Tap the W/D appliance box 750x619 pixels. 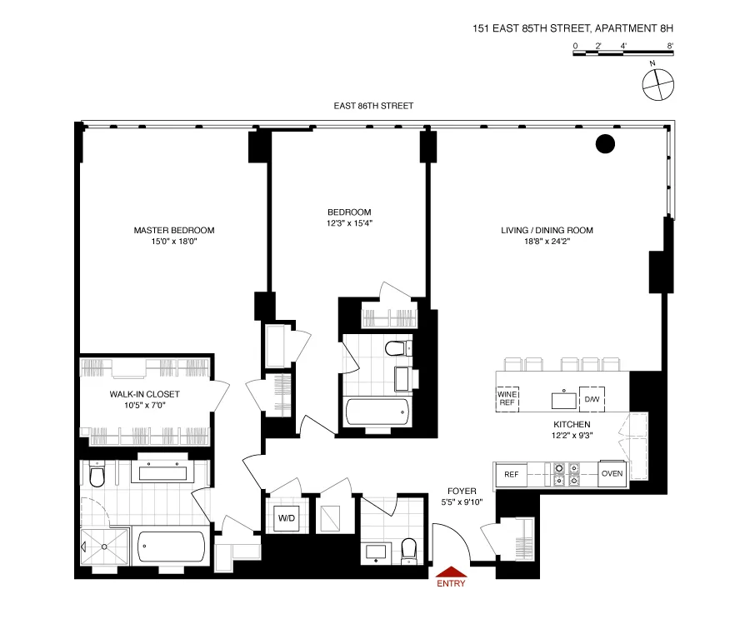(287, 518)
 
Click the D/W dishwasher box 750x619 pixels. (592, 400)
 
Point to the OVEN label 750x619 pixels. (612, 474)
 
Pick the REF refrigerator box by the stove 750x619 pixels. (511, 475)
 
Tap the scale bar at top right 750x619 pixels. (622, 53)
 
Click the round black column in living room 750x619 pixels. (605, 144)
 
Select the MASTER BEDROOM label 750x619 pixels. (174, 231)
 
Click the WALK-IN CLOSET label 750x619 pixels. (145, 394)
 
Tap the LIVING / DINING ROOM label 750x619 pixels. (547, 231)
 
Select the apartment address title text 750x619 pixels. (572, 28)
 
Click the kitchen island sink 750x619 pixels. (564, 400)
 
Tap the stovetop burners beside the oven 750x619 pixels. (565, 475)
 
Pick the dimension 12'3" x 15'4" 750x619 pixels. (349, 223)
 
